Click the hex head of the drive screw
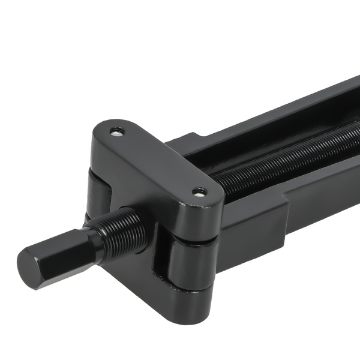(57, 255)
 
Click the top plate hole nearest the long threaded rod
(199, 192)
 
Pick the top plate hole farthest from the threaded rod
(116, 130)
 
